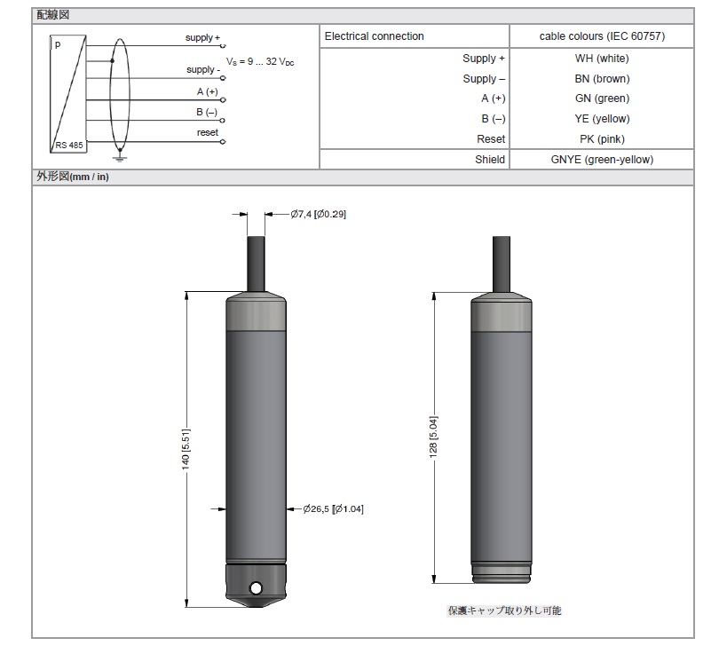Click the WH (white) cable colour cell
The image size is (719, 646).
[x=602, y=59]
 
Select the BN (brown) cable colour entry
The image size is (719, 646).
[x=602, y=78]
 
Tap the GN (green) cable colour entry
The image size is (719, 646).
[x=602, y=98]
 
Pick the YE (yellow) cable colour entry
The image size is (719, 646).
[x=602, y=119]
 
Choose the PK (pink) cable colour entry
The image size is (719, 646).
[x=602, y=139]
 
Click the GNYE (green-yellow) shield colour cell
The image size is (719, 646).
[x=602, y=160]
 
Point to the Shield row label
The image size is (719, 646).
[x=490, y=160]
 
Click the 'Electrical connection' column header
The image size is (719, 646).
[x=375, y=36]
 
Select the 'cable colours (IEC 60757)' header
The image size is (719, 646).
[x=602, y=36]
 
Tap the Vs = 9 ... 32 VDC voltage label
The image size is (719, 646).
[x=260, y=61]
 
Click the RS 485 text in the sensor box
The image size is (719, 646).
[x=69, y=145]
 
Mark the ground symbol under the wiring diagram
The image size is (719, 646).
[x=120, y=158]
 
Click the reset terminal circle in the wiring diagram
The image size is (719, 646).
[x=223, y=142]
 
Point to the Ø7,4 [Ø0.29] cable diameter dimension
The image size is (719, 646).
[x=319, y=214]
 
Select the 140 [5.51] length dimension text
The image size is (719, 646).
[x=186, y=449]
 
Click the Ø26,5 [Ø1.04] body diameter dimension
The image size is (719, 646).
[x=333, y=509]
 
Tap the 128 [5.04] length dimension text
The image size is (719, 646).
[x=433, y=437]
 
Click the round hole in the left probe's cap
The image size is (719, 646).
[x=256, y=587]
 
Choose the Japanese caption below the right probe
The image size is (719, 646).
[x=504, y=611]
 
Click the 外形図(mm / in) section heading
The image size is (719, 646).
[x=73, y=177]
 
